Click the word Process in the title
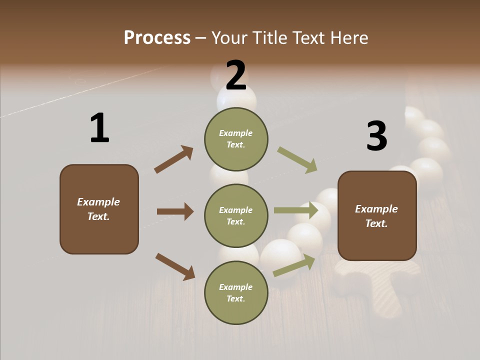(157, 38)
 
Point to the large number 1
(99, 128)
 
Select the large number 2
(236, 75)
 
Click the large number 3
(377, 136)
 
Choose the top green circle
(236, 139)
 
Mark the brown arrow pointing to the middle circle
(175, 211)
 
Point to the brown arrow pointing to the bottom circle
(175, 266)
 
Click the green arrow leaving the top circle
(297, 160)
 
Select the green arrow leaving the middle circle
(296, 210)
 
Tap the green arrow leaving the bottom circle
(294, 265)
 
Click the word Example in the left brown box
(98, 202)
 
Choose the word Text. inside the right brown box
(376, 223)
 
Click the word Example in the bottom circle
(235, 287)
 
